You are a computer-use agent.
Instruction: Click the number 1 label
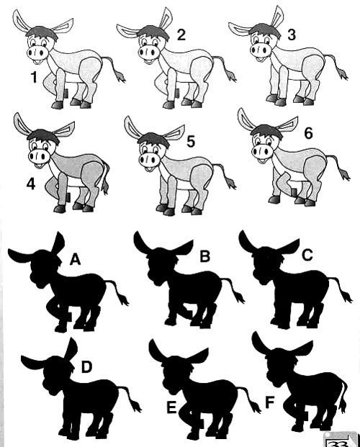(34, 77)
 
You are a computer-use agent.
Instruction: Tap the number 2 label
(181, 35)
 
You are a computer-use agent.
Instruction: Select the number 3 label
(292, 35)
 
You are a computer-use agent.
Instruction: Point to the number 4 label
(31, 184)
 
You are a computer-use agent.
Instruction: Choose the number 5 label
(191, 142)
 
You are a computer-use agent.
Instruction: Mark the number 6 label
(309, 133)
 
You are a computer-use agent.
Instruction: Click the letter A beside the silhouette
(76, 259)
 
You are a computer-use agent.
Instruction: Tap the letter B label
(204, 256)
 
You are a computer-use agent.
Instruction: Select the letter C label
(307, 256)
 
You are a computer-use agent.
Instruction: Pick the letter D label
(86, 367)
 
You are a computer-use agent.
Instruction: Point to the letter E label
(171, 407)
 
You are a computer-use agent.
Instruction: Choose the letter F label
(269, 402)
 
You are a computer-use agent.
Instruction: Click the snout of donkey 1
(37, 53)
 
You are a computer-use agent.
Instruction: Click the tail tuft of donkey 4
(104, 188)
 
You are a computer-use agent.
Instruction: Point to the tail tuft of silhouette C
(347, 297)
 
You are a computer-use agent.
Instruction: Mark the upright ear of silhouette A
(58, 243)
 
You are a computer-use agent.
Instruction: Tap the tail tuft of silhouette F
(343, 403)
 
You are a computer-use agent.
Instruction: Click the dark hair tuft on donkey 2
(153, 32)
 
